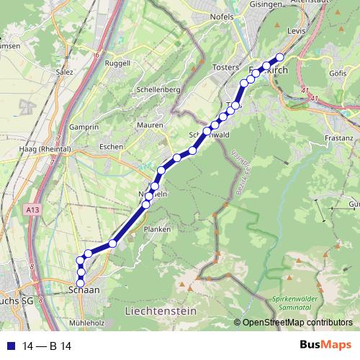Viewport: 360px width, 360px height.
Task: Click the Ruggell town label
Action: [117, 63]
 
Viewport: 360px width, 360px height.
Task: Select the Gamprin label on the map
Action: [85, 127]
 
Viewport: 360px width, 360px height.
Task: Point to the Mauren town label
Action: [150, 125]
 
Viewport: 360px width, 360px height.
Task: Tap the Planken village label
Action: [157, 230]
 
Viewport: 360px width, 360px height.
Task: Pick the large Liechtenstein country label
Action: [161, 311]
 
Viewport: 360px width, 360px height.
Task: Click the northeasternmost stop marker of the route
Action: [280, 58]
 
